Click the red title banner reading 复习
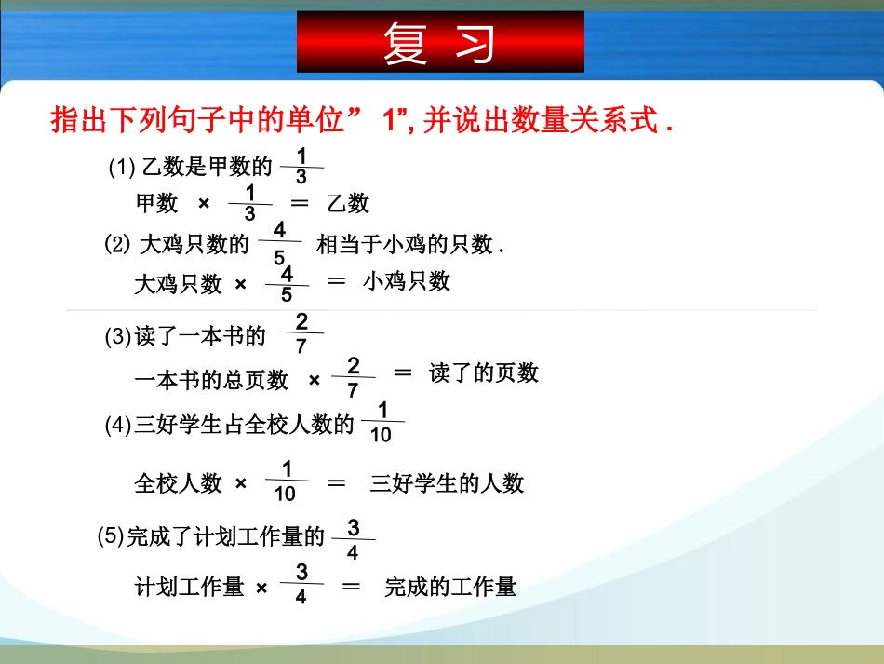coord(440,42)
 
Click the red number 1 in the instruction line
coord(390,120)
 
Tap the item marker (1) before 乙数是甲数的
coord(122,168)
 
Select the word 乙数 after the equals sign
coord(348,203)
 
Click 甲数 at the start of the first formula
coord(156,203)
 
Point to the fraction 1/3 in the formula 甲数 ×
coord(249,203)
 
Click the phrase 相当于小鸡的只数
coord(405,244)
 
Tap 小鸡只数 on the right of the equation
coord(407,281)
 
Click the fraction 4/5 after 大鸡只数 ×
coord(287,284)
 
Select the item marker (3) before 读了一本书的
coord(118,338)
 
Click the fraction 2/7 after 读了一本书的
coord(301,333)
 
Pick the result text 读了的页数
coord(484,373)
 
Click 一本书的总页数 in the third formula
coord(211,380)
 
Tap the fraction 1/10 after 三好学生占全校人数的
coord(382,424)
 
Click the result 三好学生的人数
coord(447,483)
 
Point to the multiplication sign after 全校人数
coord(241,484)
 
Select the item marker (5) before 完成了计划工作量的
coord(110,536)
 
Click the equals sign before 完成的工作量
coord(351,587)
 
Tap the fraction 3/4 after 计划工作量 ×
coord(301,584)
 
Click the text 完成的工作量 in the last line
coord(449,587)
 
